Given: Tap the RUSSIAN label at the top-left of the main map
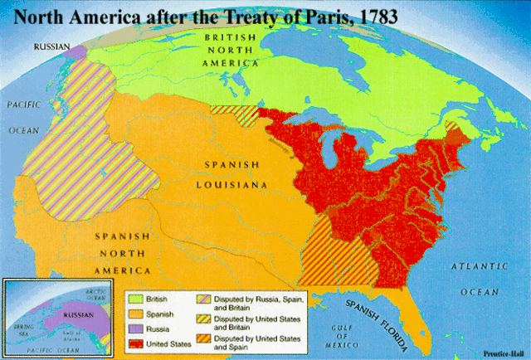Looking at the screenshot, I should pos(51,47).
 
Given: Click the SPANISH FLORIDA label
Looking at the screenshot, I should pos(381,314).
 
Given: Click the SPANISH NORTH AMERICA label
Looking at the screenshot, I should pos(122,254).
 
